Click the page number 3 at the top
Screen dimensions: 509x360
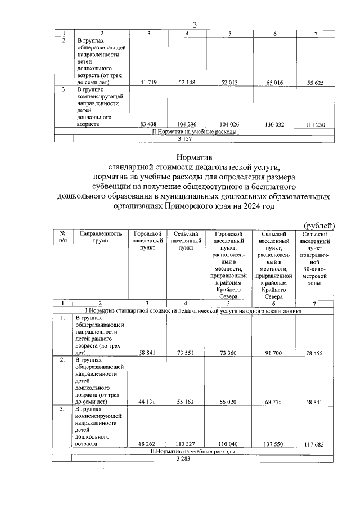[195, 24]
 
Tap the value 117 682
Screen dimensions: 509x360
[315, 444]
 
